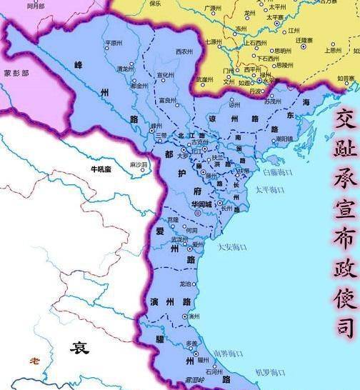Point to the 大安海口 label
[231, 248]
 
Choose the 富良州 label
[168, 100]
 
